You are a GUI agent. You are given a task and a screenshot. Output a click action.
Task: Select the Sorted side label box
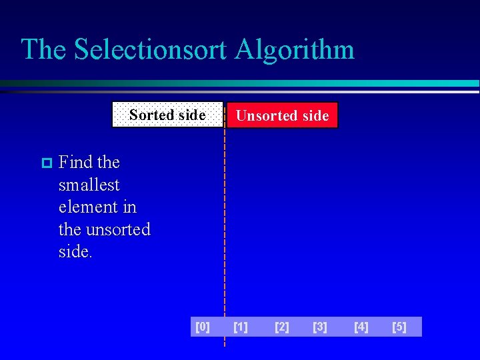167,115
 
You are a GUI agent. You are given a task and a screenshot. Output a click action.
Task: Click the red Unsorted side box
282,115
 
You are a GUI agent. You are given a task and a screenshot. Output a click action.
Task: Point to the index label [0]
202,327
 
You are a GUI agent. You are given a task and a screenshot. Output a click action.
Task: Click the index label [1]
241,327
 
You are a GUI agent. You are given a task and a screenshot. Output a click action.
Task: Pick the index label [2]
282,327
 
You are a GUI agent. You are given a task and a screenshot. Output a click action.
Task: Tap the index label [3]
320,327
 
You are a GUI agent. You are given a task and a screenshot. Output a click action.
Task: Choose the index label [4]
361,327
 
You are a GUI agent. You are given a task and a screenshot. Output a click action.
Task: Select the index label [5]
399,327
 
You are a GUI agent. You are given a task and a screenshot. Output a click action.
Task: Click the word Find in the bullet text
75,162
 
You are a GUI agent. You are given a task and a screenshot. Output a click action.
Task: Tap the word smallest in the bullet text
89,185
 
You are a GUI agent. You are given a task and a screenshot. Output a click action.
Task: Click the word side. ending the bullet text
75,252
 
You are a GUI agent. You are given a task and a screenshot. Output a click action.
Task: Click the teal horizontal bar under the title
267,84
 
